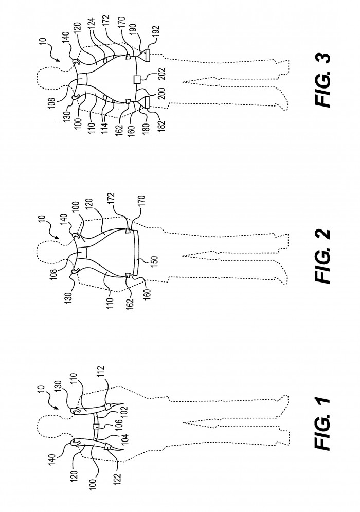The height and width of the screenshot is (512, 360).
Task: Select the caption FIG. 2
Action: pos(322,256)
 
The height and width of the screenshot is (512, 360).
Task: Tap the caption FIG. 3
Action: pos(322,80)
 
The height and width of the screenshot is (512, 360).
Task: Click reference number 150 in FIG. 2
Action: pos(154,262)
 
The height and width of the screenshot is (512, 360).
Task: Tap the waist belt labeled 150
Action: pos(137,254)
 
